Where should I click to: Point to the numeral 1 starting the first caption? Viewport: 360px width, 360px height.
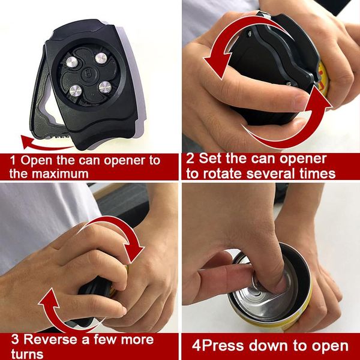click(x=13, y=161)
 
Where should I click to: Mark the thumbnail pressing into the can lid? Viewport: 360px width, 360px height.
click(x=264, y=273)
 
